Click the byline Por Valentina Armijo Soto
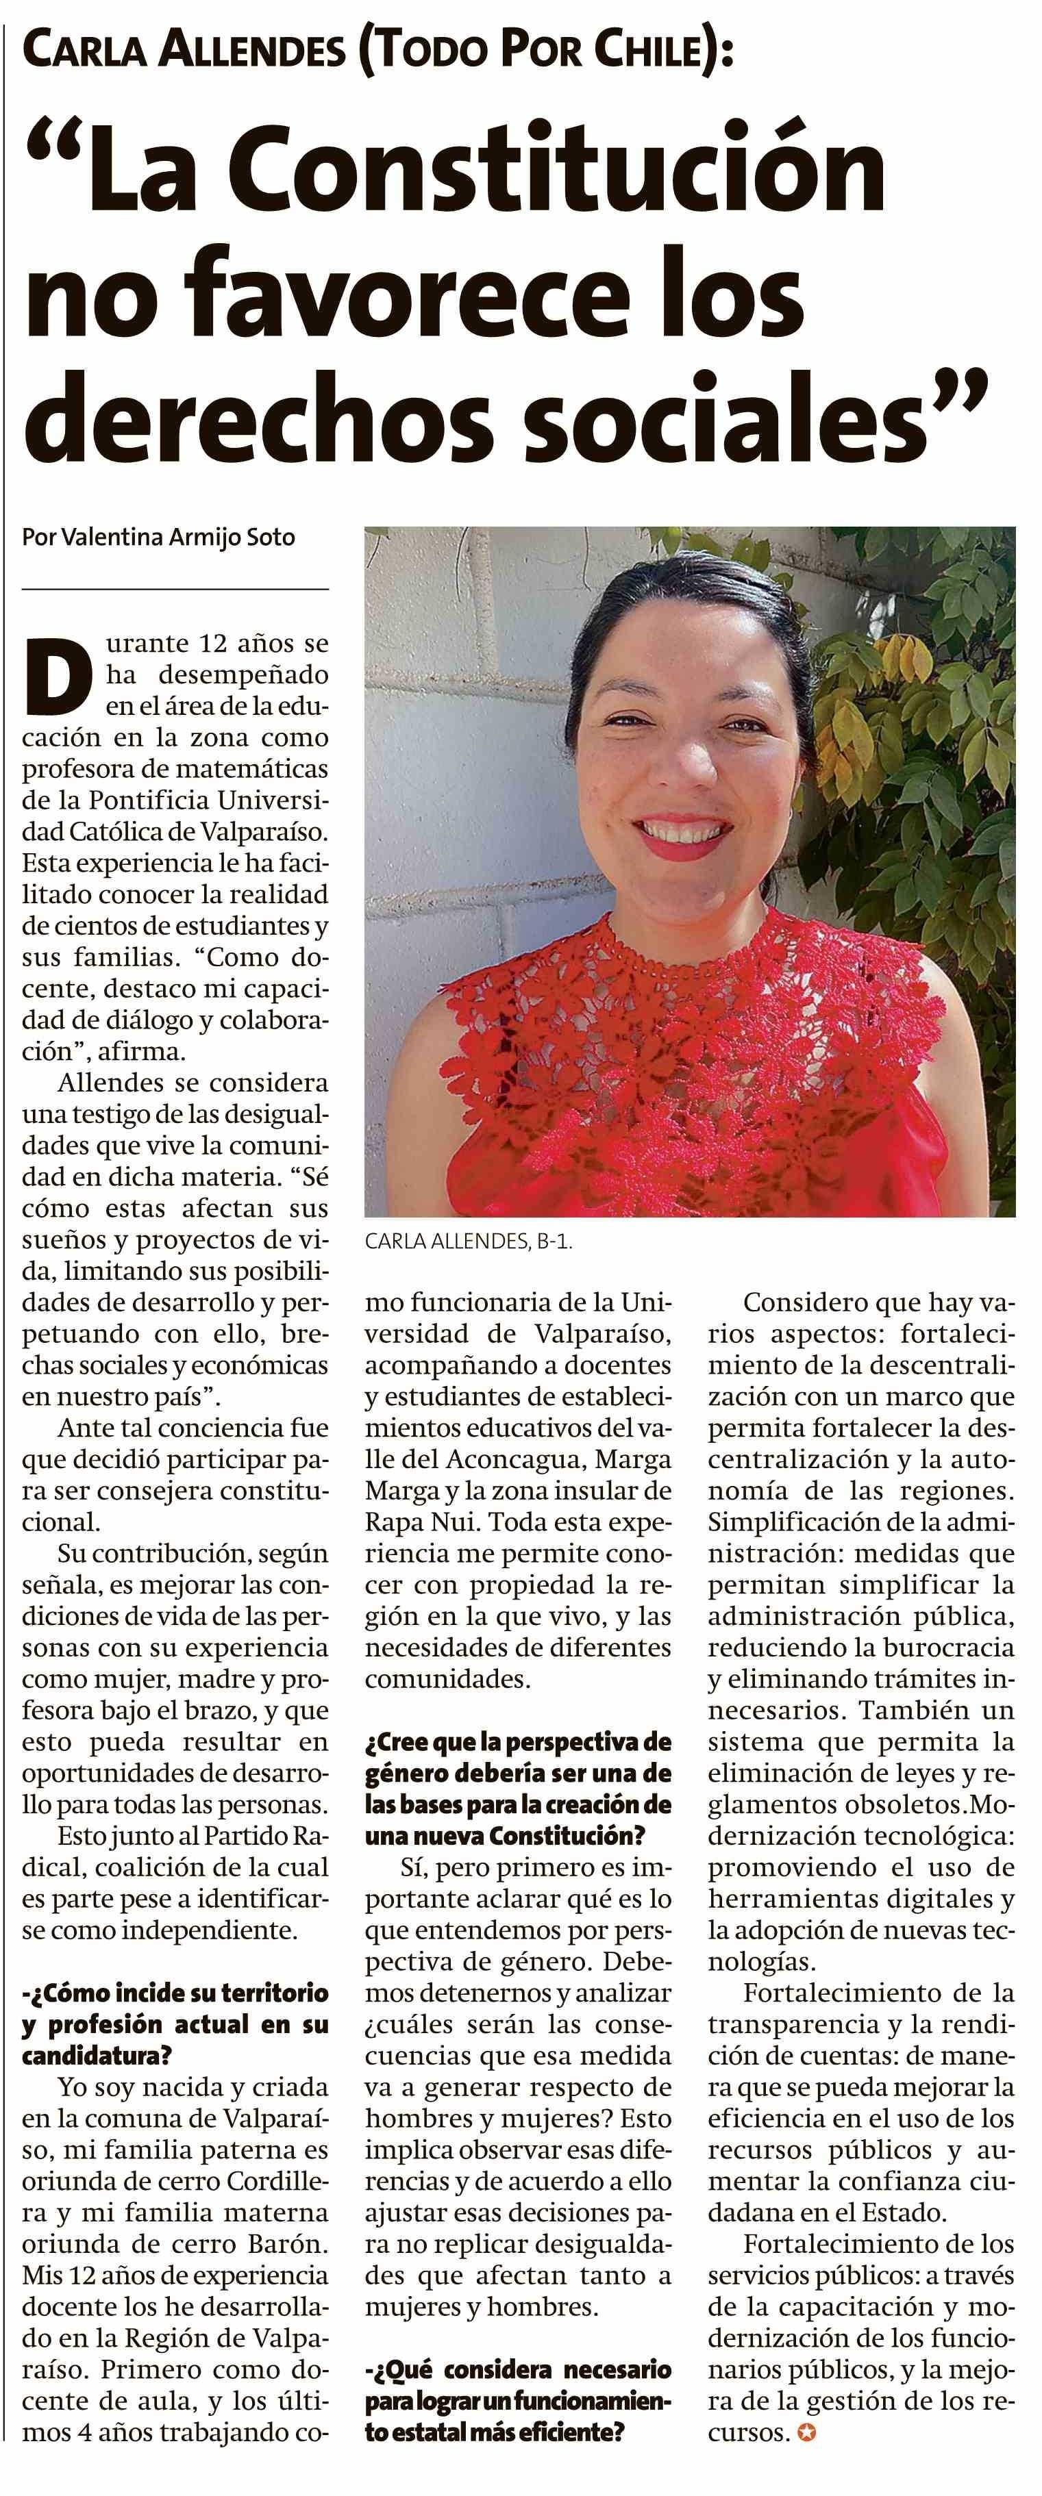click(158, 538)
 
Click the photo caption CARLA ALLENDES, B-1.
click(468, 1241)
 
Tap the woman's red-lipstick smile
click(682, 833)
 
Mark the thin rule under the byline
click(175, 588)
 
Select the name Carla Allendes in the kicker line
click(184, 51)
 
